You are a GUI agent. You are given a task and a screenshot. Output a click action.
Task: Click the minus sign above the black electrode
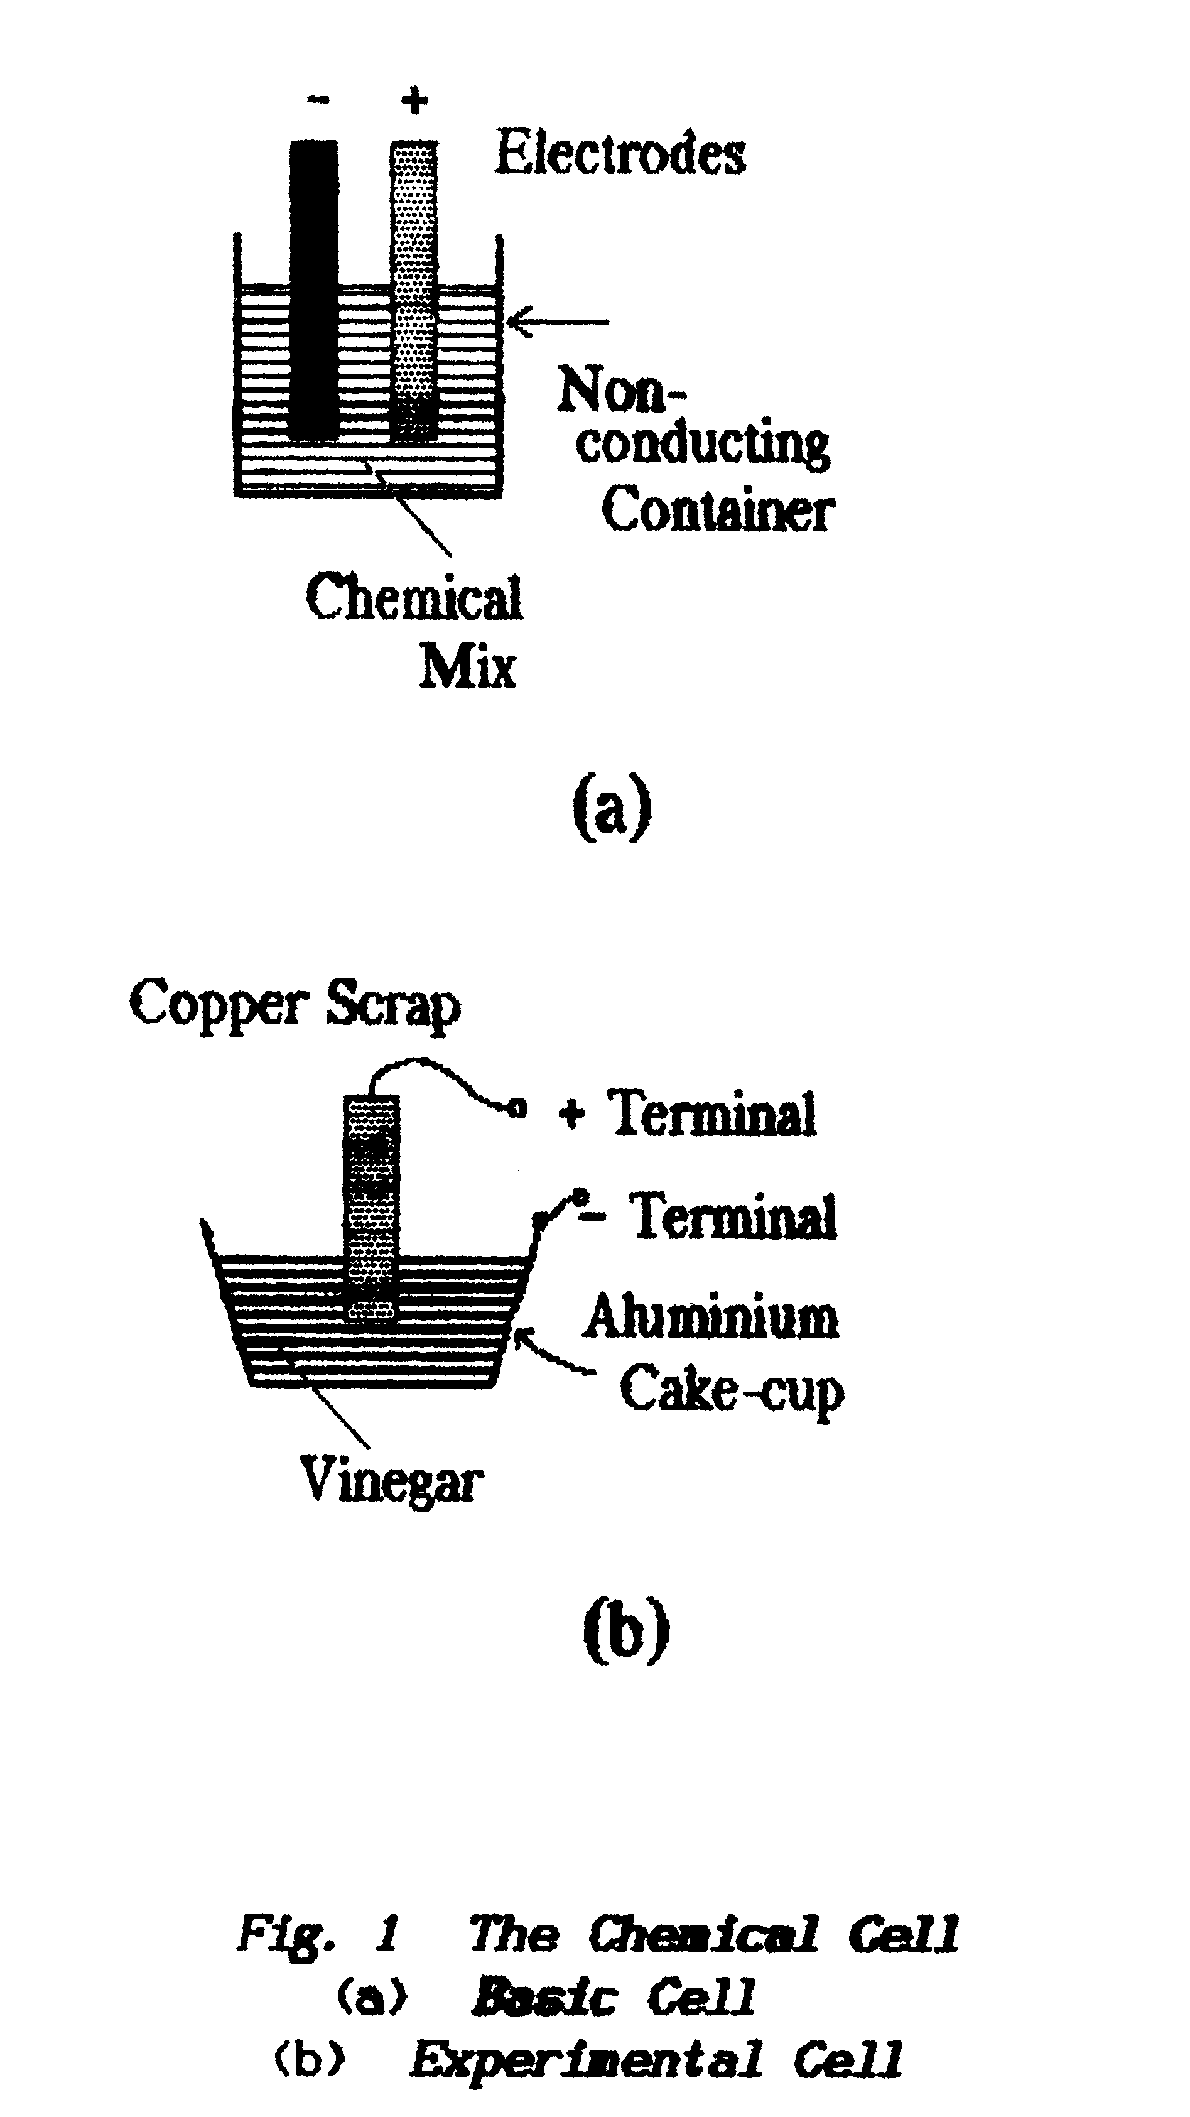318,100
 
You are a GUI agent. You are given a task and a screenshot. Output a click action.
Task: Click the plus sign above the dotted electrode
415,101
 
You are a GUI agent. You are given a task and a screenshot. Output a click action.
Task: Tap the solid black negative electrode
314,288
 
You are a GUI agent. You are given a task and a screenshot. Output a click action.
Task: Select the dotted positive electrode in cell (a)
413,288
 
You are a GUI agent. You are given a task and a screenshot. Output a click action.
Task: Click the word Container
717,509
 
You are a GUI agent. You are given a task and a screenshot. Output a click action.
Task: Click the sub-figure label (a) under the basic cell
612,805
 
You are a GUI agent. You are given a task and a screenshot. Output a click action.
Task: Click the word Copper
218,1004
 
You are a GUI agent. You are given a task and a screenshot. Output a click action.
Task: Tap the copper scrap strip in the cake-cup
372,1208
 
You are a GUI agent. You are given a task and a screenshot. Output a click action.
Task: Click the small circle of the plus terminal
517,1108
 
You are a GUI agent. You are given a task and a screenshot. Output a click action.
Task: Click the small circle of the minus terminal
580,1196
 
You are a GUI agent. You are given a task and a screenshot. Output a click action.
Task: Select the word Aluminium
711,1316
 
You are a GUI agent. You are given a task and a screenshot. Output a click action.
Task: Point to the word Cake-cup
732,1390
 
